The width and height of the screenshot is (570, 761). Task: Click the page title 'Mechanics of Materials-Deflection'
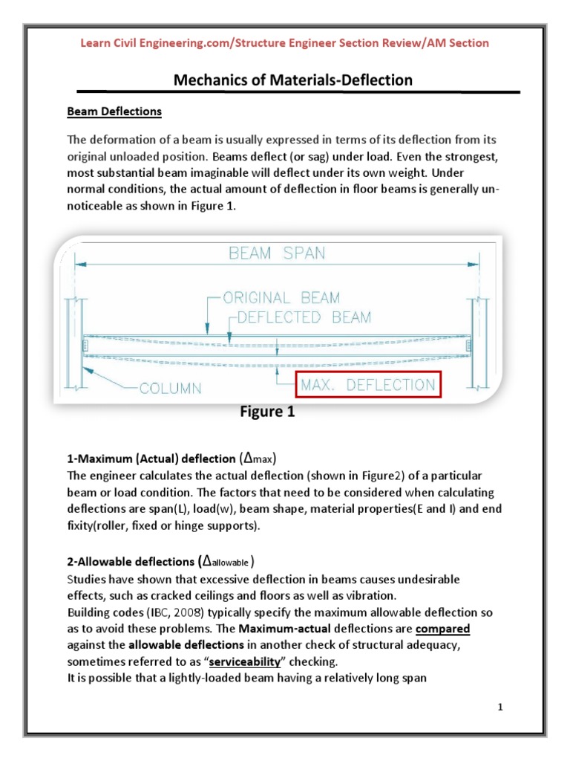(x=292, y=80)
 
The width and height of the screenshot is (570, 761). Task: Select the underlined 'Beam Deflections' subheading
(x=114, y=111)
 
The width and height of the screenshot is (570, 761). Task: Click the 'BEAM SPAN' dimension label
(x=277, y=253)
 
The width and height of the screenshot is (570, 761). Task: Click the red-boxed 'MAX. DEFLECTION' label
(x=367, y=386)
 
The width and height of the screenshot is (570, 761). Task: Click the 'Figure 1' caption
(x=267, y=412)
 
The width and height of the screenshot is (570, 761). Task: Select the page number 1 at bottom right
(x=501, y=707)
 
